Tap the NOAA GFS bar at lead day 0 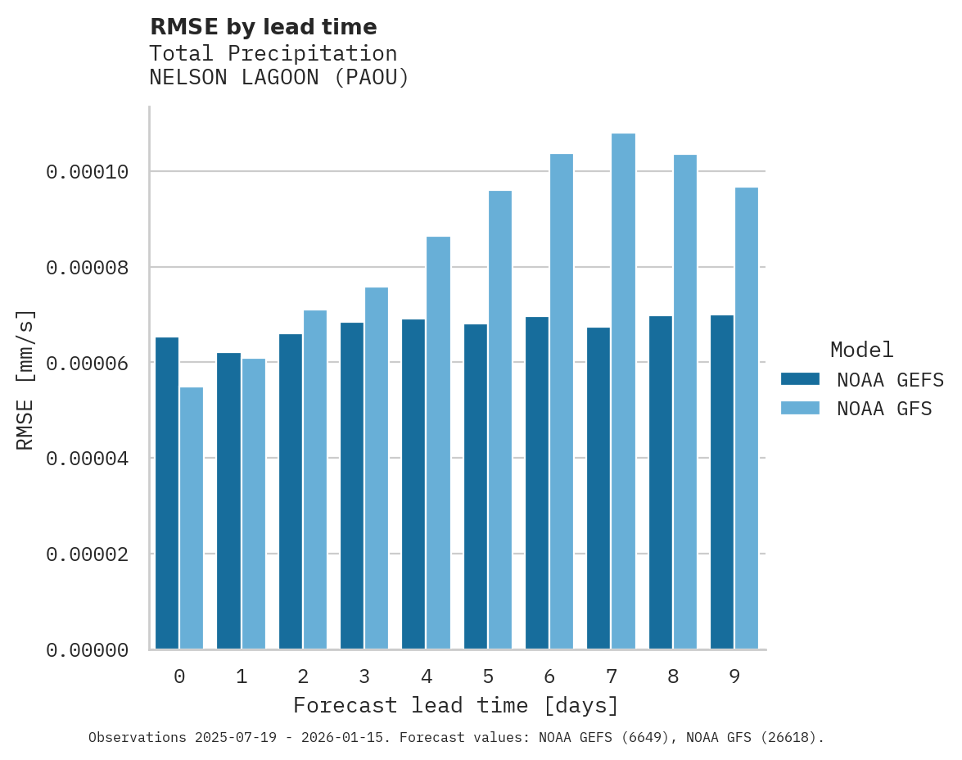click(192, 518)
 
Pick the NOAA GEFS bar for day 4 click(413, 484)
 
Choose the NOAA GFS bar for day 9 click(747, 418)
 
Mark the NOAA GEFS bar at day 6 click(537, 483)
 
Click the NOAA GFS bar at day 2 click(315, 480)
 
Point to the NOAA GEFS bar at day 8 click(661, 482)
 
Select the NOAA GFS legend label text click(884, 408)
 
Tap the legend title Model click(861, 350)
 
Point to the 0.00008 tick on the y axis click(88, 268)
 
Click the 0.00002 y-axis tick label click(88, 554)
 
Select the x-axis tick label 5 click(488, 676)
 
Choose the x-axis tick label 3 click(364, 676)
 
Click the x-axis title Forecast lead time click(456, 705)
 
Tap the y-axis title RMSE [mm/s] click(25, 379)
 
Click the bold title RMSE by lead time click(264, 27)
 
